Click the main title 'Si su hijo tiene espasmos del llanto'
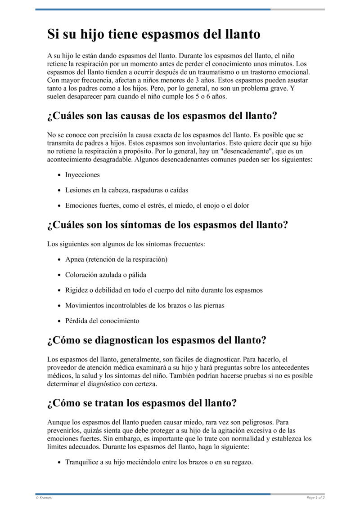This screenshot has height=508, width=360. [153, 34]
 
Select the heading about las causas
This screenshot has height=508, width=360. [162, 116]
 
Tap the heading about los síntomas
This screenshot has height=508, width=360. [167, 224]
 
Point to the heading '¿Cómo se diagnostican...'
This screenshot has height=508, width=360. [157, 340]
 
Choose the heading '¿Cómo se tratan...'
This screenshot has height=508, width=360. [142, 403]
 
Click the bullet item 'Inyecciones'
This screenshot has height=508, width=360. [82, 174]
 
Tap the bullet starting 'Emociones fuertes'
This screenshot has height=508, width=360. [157, 205]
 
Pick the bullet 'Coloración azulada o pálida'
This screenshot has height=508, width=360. [106, 275]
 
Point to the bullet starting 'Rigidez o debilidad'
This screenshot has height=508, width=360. [164, 290]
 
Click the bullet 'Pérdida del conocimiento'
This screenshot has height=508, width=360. [102, 321]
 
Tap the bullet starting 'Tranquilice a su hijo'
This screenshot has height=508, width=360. [159, 462]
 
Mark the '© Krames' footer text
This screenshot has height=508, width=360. [44, 498]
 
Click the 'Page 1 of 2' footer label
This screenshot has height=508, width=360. [315, 498]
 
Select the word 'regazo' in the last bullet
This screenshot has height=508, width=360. [241, 462]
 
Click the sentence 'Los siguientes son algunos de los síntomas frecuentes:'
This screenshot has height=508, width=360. [126, 244]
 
